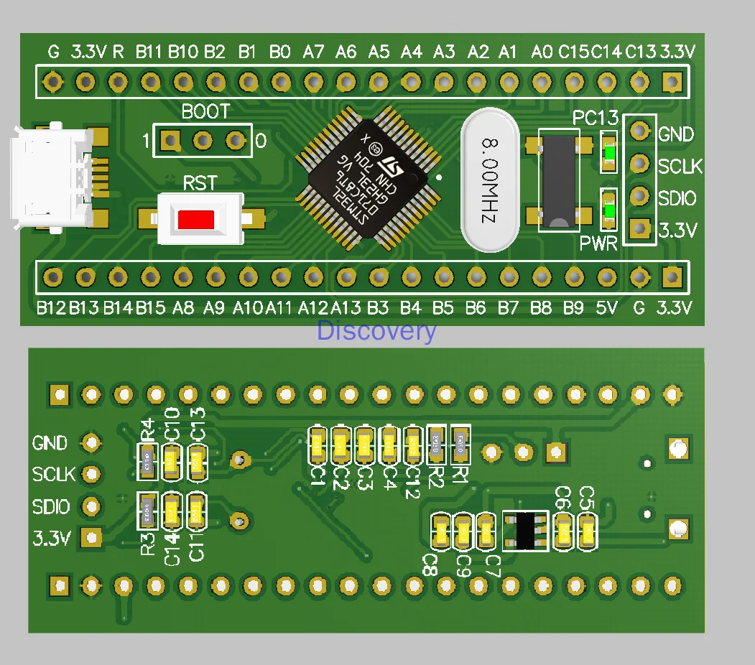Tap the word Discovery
376,331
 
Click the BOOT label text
205,112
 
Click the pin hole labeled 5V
607,276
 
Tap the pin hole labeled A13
346,276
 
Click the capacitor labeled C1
318,446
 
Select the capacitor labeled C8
440,532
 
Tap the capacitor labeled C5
588,532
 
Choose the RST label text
199,183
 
